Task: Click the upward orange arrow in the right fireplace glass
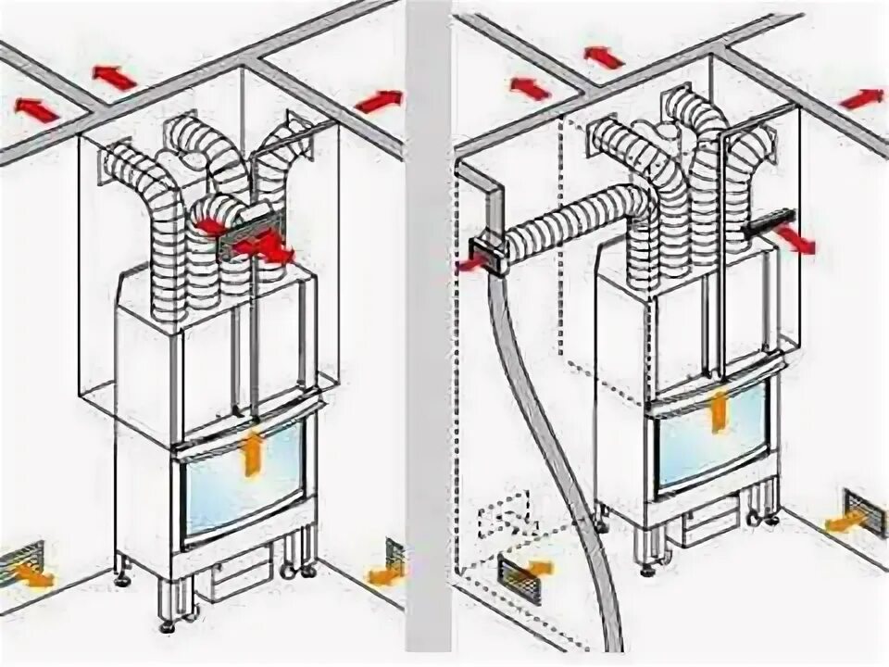[715, 413]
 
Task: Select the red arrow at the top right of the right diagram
[862, 97]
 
